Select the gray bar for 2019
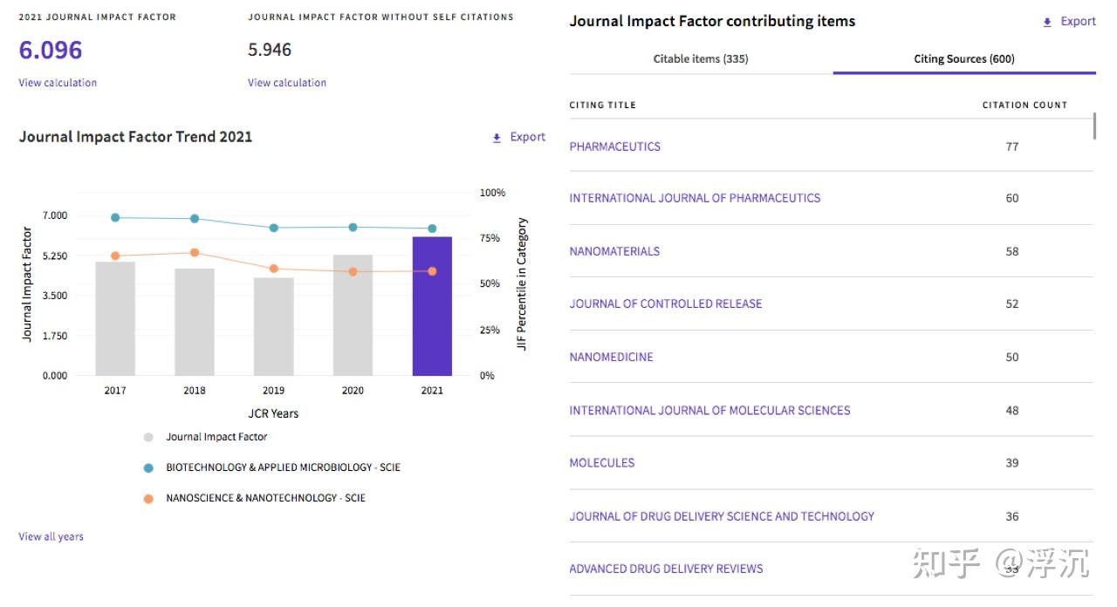[273, 326]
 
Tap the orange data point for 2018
[195, 253]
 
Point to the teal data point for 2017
[115, 218]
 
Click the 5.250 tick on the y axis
[54, 256]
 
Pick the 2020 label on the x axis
[353, 391]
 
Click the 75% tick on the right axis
[491, 238]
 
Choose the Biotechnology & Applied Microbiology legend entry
[283, 467]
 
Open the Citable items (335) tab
[701, 59]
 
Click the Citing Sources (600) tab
[964, 59]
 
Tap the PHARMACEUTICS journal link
[615, 147]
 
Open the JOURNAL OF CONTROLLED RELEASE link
[666, 304]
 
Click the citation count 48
[1012, 411]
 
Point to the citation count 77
[1012, 147]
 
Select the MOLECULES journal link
[602, 463]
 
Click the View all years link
[51, 536]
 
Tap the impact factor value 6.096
[51, 51]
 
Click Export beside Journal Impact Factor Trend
[520, 137]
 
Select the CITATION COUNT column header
[1024, 105]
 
